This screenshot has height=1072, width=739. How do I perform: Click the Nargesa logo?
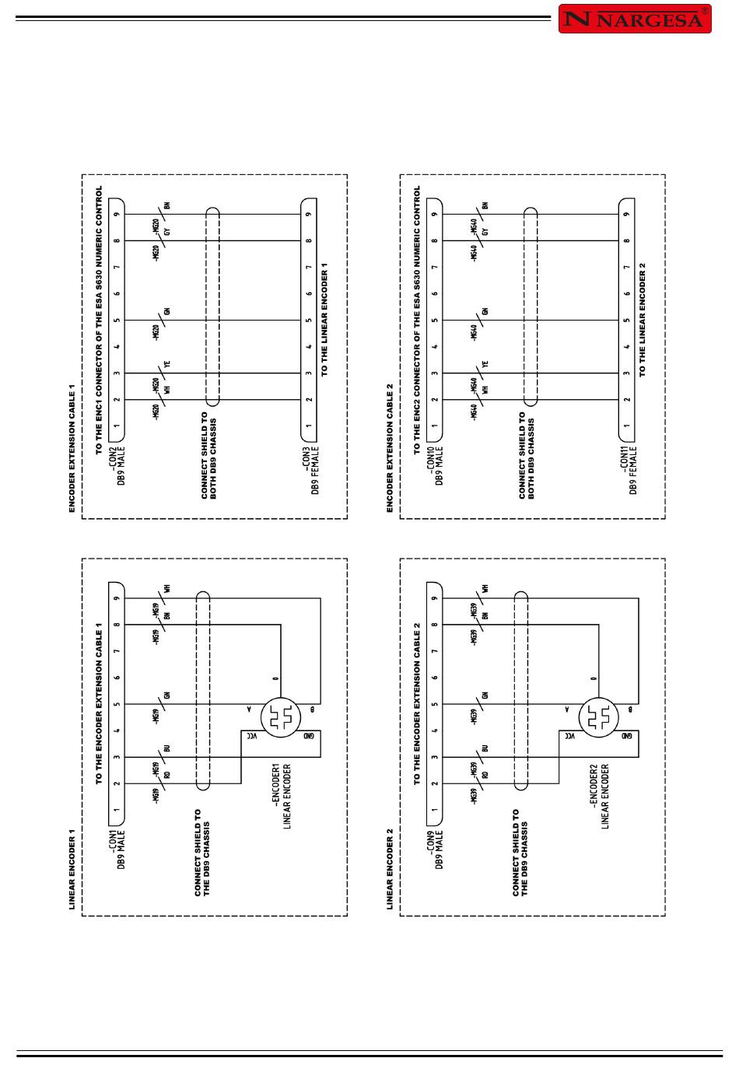tap(635, 19)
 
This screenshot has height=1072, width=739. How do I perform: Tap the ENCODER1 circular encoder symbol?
tap(280, 717)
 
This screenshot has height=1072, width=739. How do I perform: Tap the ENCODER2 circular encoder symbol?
tap(598, 717)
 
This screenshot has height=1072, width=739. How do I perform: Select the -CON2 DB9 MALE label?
tap(117, 464)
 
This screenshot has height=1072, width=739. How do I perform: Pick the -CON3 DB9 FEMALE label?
tap(311, 469)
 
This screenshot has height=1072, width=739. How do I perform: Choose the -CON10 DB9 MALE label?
tap(435, 464)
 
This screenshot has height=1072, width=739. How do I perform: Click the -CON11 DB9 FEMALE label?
tap(629, 469)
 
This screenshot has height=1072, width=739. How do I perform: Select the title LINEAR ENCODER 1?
tap(72, 869)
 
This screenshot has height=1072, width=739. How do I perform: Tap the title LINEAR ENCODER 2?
tap(391, 869)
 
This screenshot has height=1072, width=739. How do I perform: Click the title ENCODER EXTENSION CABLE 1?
tap(72, 448)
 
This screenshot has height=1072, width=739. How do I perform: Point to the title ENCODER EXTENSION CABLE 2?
tap(391, 448)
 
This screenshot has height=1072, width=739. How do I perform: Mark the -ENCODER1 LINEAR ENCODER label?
tap(282, 796)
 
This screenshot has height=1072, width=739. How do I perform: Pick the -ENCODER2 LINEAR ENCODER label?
tap(600, 796)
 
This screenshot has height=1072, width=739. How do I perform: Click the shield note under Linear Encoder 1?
tap(202, 852)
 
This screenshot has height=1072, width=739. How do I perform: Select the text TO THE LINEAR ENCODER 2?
tap(643, 320)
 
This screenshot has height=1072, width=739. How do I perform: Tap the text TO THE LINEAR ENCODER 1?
tap(324, 320)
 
